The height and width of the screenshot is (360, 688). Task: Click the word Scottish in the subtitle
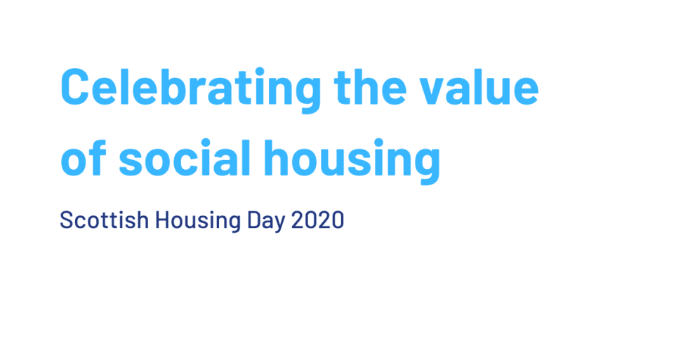coord(104,220)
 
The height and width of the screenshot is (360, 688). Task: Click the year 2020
coord(317,220)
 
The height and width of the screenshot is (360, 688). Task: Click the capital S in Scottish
coord(66,220)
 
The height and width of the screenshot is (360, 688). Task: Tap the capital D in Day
coord(253,220)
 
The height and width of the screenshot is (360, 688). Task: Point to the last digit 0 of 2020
coord(338,220)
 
